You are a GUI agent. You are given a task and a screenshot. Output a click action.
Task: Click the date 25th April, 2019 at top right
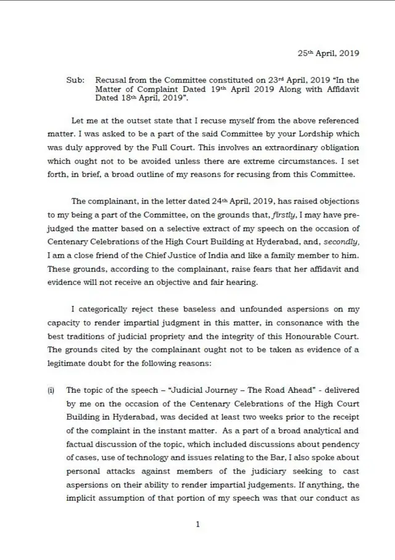click(328, 53)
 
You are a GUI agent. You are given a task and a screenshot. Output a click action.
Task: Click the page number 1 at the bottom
click(197, 524)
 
